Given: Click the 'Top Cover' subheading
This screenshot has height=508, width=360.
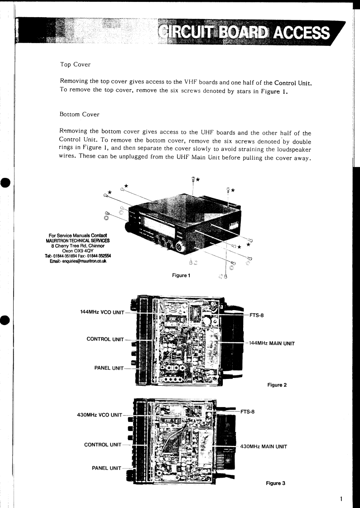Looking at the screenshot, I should click(x=75, y=65).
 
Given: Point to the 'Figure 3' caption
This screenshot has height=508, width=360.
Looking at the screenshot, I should click(x=275, y=483).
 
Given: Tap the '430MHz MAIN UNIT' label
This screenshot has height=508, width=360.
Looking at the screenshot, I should click(x=264, y=446).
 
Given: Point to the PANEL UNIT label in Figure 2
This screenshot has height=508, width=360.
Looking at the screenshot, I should click(x=109, y=368).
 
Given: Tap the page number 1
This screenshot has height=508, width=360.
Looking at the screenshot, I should click(x=341, y=499).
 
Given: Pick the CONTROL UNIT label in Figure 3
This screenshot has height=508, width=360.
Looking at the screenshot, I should click(x=103, y=444).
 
